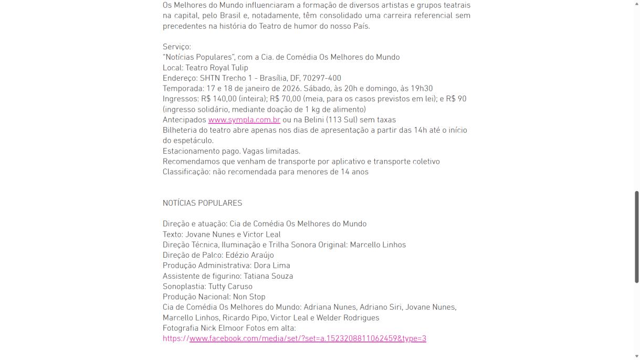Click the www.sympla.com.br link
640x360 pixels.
pyautogui.click(x=244, y=120)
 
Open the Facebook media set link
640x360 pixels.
pyautogui.click(x=307, y=338)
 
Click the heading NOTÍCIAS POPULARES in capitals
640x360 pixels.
pyautogui.click(x=202, y=203)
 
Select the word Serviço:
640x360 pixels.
pyautogui.click(x=177, y=47)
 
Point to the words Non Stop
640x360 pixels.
pyautogui.click(x=249, y=297)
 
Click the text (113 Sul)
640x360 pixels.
pyautogui.click(x=344, y=120)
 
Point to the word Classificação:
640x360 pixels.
pyautogui.click(x=186, y=172)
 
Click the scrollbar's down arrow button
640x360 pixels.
pyautogui.click(x=637, y=356)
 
